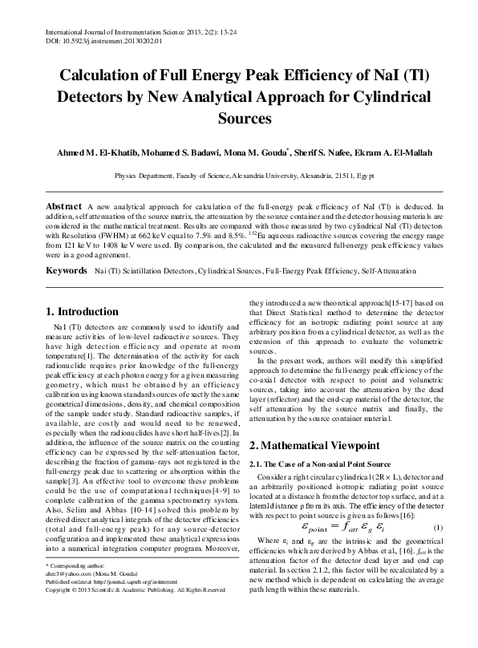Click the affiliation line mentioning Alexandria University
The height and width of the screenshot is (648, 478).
[239, 173]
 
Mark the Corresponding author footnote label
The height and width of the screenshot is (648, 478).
[80, 612]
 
